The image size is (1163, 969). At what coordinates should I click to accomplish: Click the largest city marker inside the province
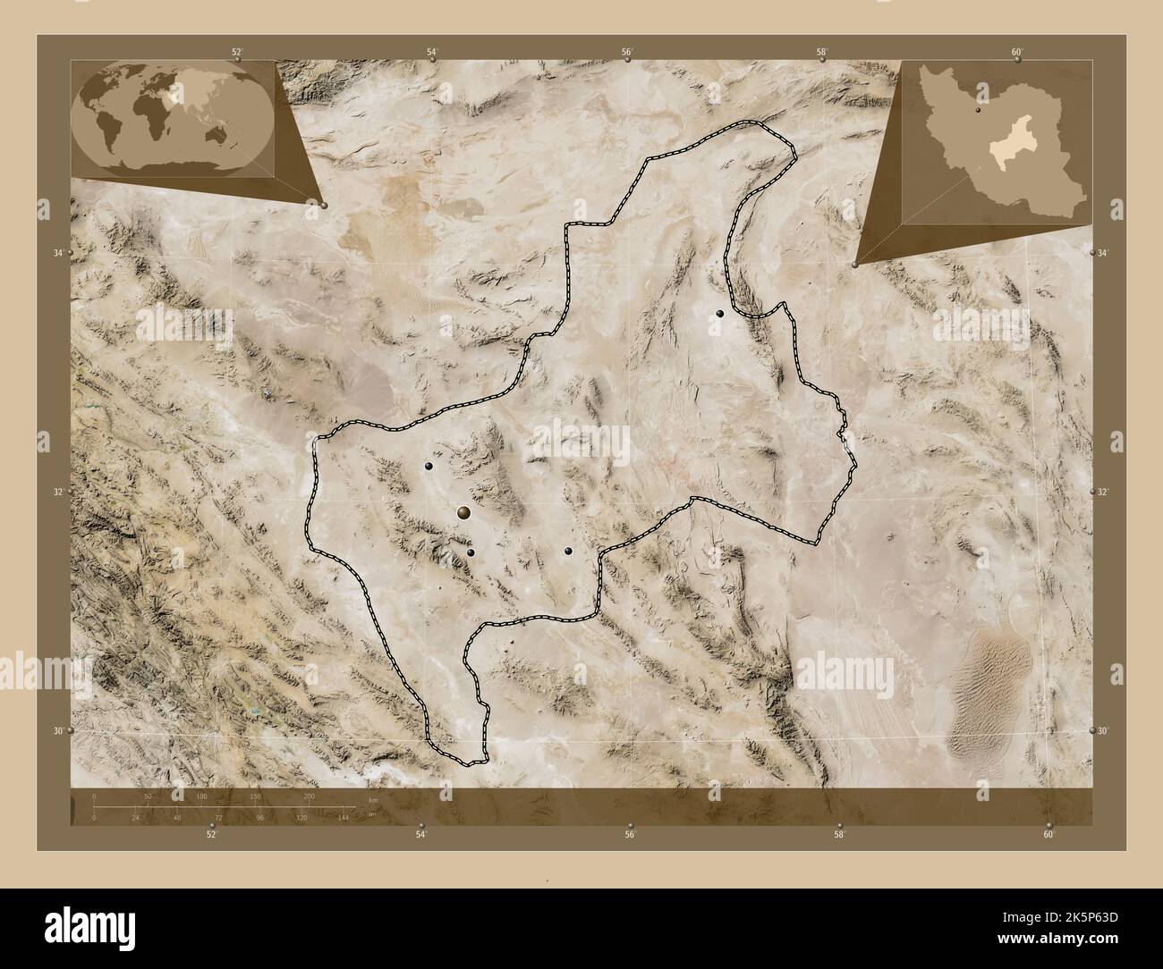coord(463,512)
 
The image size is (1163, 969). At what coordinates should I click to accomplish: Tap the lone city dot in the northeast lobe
coord(719,314)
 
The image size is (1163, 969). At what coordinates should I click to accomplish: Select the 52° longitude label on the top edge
coord(237,52)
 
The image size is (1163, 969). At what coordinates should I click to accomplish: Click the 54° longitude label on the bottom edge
coord(420,834)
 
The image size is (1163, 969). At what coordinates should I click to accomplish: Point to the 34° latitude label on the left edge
coord(58,254)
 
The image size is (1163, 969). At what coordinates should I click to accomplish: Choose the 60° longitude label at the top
coord(1017,52)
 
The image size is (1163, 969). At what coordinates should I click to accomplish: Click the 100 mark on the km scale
coord(202,796)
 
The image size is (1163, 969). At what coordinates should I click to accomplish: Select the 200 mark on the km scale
coord(310,796)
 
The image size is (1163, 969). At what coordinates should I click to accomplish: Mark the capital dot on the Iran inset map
coord(980,112)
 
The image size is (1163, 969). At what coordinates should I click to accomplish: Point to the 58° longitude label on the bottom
coord(839,834)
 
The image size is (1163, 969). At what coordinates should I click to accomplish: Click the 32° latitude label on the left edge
coord(58,493)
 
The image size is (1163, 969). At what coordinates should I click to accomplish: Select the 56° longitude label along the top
coord(627,52)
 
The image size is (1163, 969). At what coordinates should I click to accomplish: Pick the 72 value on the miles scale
coord(217,817)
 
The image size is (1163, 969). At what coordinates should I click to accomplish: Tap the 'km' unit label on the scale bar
coord(373,799)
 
